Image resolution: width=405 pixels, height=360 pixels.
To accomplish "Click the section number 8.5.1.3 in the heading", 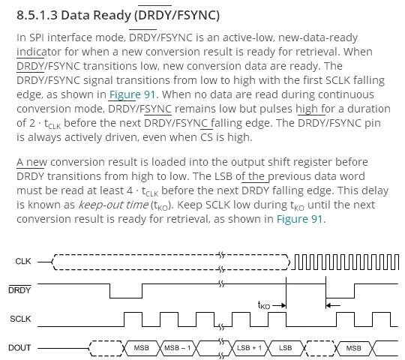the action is click(37, 15).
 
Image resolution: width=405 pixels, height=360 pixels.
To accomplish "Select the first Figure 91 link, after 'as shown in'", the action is click(133, 94).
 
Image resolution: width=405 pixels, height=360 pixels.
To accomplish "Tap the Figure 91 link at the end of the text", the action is click(299, 219).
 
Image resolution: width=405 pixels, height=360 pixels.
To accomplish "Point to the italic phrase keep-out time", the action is click(113, 205).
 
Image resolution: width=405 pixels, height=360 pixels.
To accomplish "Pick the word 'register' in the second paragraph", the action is click(313, 162).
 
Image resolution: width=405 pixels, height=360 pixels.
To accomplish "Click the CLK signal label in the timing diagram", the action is click(23, 261).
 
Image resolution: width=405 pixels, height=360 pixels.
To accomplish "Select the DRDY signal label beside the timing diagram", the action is click(19, 290).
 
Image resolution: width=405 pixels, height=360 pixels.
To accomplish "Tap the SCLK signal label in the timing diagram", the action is click(20, 319).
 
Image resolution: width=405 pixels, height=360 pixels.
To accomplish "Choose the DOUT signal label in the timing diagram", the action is click(19, 348).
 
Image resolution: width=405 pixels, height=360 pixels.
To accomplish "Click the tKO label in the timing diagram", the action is click(264, 305).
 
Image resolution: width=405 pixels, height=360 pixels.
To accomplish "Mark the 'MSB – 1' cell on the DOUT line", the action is click(178, 348).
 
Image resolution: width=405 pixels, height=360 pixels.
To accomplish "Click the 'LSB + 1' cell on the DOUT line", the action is click(249, 348).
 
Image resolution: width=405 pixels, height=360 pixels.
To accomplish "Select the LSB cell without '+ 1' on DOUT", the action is click(286, 348).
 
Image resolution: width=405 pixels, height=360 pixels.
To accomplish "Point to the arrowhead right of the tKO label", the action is click(283, 306).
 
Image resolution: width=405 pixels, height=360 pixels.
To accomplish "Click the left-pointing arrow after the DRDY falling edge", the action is click(333, 306).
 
